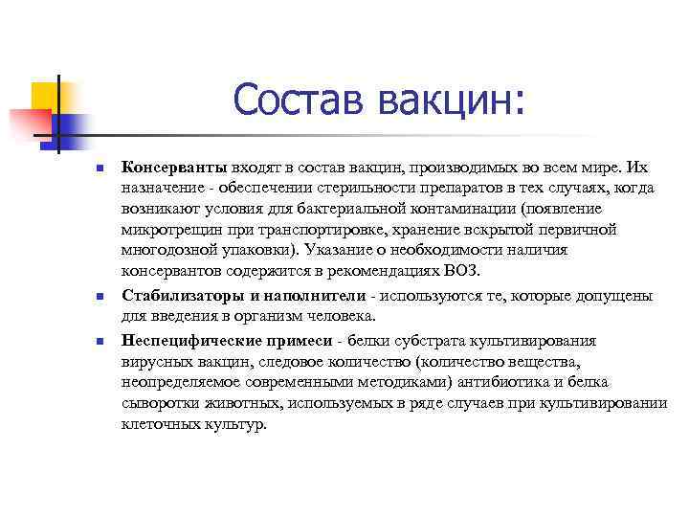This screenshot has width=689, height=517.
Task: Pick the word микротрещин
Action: coord(167,230)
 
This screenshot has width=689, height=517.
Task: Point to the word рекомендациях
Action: coord(383,272)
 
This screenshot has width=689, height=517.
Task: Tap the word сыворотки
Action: coord(157,403)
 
